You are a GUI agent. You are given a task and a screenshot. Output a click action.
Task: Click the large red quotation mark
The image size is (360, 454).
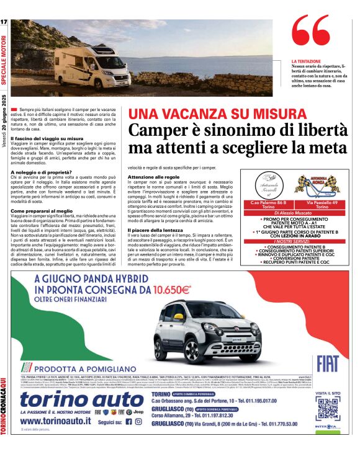coord(310,35)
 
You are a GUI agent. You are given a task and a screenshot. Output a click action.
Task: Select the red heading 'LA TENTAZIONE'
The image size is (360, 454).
coord(306,62)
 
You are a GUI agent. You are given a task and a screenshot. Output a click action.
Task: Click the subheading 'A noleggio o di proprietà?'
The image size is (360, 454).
coord(42,172)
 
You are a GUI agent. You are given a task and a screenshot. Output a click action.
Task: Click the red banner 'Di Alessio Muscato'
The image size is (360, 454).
coord(295,213)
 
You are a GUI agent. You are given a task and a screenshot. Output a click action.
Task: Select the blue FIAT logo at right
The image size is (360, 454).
coord(327,363)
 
